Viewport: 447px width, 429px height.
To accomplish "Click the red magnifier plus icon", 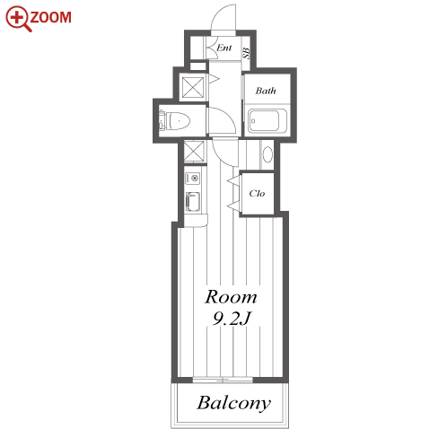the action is (18, 19).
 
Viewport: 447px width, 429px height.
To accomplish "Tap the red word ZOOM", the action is (51, 17).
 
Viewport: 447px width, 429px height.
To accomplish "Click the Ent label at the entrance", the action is (224, 48).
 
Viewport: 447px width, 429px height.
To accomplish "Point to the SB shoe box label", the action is (246, 53).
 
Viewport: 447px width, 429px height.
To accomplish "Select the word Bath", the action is (266, 91).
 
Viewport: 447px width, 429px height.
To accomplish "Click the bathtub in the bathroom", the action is (267, 120).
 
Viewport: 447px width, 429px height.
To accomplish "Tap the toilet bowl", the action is (178, 121).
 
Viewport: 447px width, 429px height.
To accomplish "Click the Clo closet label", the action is (257, 193).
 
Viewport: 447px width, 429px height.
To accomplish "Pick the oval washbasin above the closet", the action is (267, 154).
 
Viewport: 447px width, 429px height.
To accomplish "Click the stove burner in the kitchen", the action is (192, 179).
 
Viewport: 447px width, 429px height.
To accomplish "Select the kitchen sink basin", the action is (192, 202).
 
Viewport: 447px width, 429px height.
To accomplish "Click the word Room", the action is (231, 297).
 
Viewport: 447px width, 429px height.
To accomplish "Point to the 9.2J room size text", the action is (231, 319).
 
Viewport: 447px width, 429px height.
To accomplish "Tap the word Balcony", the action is (234, 404).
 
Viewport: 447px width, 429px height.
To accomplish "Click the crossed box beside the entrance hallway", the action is (193, 87).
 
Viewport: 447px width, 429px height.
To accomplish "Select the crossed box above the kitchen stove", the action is (194, 152).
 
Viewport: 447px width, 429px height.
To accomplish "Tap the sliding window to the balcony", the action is (223, 380).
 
